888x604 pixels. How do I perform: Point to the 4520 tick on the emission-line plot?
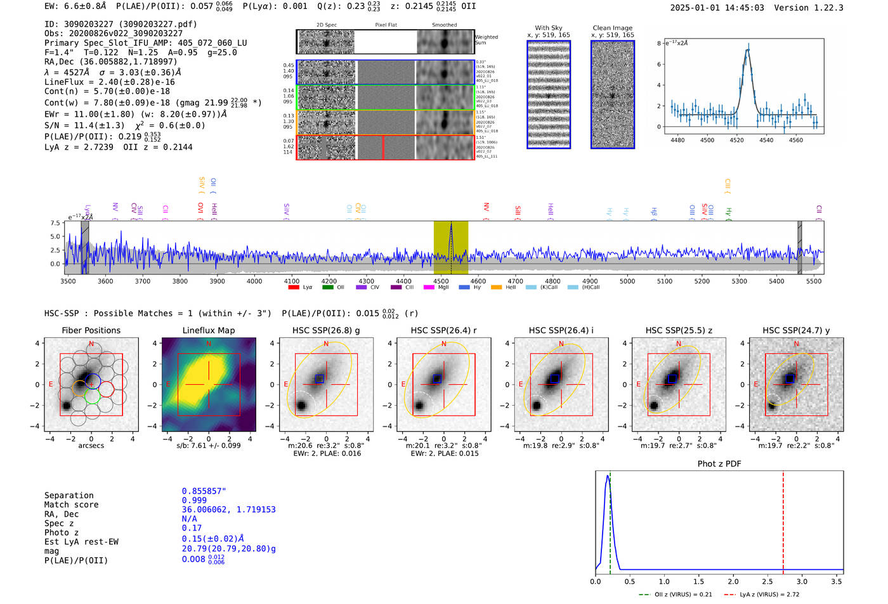pos(736,140)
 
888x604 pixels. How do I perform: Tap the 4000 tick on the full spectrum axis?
pos(254,281)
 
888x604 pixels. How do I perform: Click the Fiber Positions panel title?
pos(91,330)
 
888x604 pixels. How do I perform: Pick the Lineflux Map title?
pos(209,330)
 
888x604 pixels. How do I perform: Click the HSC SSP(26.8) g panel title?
pos(326,330)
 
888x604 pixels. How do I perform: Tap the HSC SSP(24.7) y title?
pos(796,330)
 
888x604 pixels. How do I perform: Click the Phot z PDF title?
pos(719,464)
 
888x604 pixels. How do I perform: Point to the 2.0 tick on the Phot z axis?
pos(733,581)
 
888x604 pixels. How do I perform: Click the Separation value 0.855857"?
pos(204,491)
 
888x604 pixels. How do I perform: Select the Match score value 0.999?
pos(194,501)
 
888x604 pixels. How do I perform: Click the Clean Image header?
pos(612,28)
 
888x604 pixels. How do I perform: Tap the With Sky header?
pos(548,28)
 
